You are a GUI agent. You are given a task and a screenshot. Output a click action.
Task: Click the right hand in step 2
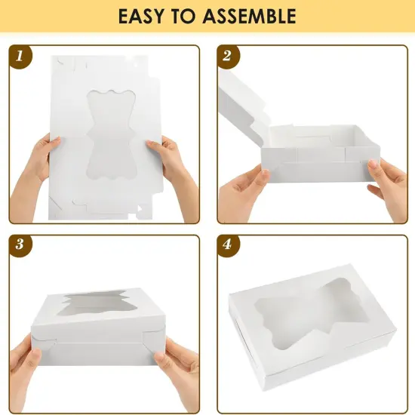point(389,189)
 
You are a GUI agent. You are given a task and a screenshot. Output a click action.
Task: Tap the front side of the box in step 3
point(106,351)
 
